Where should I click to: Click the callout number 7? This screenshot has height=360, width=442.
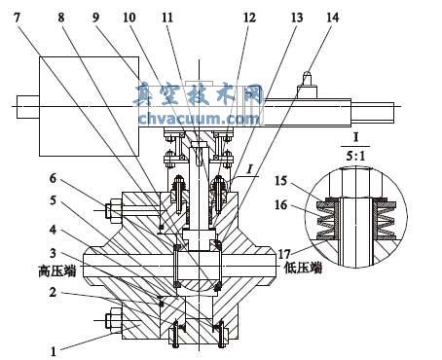coord(17,18)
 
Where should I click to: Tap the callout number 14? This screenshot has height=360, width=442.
coord(332,18)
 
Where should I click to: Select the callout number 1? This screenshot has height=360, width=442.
coord(54,351)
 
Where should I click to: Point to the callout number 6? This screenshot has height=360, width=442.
coord(53,178)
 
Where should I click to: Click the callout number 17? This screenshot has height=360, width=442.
coord(284,254)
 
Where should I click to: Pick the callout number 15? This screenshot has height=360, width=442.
coord(280,181)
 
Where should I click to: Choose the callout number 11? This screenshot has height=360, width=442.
coord(167,18)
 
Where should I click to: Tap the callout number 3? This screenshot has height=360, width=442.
coord(53,253)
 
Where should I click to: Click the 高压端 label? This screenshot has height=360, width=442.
coord(57,270)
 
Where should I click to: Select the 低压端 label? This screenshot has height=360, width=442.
coord(303,268)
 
